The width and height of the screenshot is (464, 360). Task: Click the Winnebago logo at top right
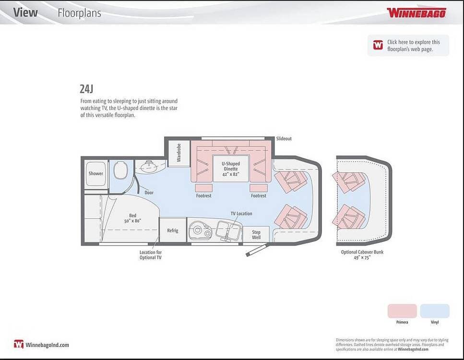point(416,13)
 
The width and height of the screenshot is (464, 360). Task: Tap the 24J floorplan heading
point(86,89)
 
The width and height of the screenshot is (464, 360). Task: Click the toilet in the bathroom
point(121,170)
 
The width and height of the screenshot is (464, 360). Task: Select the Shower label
point(96,173)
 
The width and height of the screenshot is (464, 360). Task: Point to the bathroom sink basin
point(149,167)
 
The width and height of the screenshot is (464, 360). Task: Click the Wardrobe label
point(178,153)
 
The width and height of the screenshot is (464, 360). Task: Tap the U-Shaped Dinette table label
point(231,169)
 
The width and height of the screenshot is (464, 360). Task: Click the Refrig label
point(173,230)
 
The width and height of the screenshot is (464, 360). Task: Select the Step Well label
point(256,234)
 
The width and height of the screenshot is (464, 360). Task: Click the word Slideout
point(284,139)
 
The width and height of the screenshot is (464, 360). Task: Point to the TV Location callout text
point(241,214)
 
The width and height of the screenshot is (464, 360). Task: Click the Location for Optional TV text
point(151,255)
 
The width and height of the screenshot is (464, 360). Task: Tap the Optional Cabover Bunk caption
point(362,254)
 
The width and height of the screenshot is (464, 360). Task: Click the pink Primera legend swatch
point(402,311)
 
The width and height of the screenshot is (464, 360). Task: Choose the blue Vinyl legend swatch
point(435,311)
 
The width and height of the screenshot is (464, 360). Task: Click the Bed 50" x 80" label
point(132,218)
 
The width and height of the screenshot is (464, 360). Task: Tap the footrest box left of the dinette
point(204,188)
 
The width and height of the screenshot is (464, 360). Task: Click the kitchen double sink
point(228,230)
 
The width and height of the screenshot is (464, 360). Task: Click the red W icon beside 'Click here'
point(378,45)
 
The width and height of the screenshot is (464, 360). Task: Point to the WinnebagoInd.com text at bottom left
point(47,345)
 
